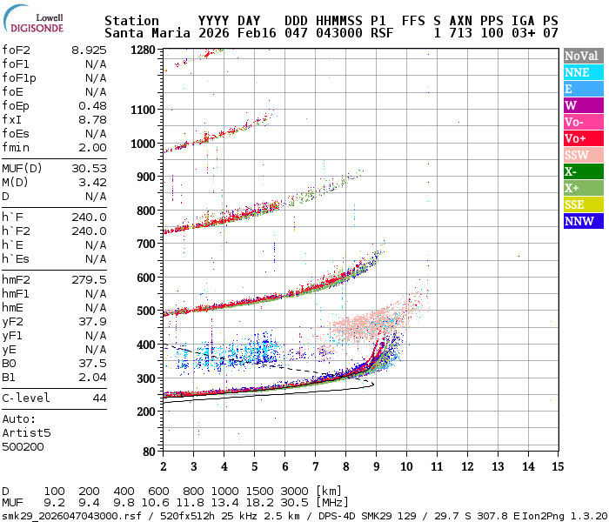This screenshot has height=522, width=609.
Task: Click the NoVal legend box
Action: pos(580,56)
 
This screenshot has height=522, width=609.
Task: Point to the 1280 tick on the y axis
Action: pos(143,50)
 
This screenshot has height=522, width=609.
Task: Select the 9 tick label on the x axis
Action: pos(376,466)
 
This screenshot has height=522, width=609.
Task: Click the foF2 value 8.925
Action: pos(90,50)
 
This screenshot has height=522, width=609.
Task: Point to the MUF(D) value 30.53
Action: pos(90,168)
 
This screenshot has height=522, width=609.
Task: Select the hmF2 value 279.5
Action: pos(90,279)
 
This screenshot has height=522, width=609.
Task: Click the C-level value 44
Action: pos(99,398)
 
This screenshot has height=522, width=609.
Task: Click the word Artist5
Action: pos(26,432)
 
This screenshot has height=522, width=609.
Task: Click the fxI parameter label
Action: pos(11,120)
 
